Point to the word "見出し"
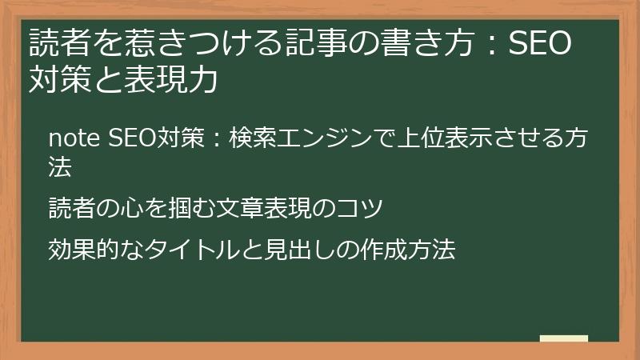click(295, 250)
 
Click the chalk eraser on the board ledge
click(563, 339)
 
